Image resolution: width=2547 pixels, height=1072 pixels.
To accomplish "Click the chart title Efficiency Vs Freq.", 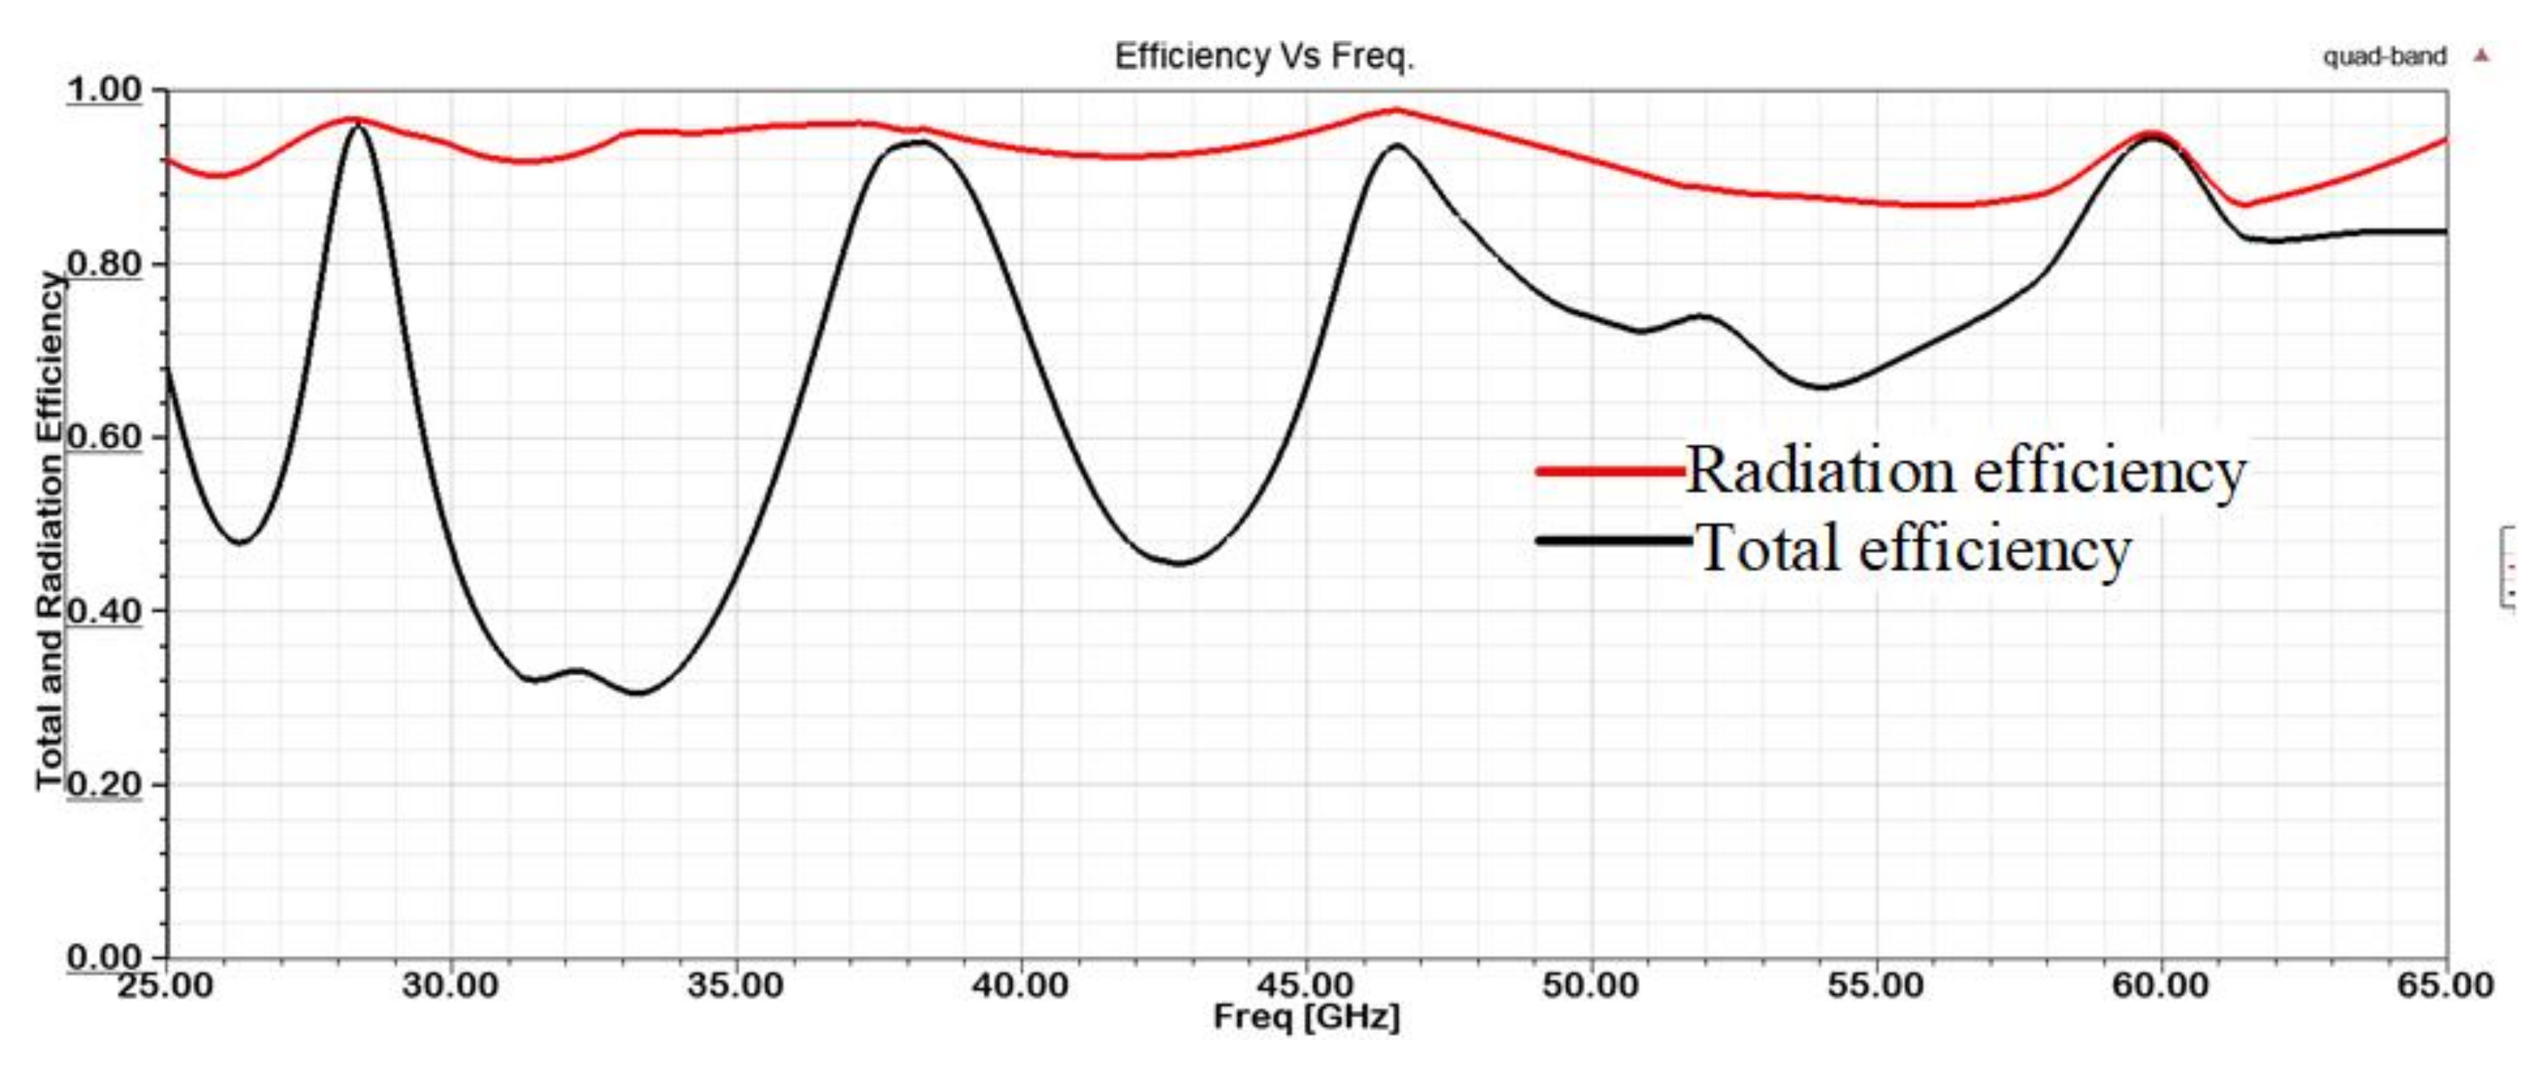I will click(1264, 57).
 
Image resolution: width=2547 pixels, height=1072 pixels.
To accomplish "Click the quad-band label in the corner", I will click(2384, 57).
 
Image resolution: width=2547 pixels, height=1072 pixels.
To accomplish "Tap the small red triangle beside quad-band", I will click(2481, 55).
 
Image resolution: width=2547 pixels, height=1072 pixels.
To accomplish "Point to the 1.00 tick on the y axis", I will click(105, 90).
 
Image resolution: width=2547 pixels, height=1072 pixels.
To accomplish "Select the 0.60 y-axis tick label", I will click(105, 437).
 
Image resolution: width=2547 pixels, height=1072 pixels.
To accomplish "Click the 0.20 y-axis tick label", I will click(105, 784).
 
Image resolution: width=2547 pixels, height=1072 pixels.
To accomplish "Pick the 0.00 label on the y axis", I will click(105, 957).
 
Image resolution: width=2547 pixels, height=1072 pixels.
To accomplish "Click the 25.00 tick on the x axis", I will click(165, 986).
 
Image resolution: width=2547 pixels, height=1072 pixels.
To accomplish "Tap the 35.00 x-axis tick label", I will click(735, 986).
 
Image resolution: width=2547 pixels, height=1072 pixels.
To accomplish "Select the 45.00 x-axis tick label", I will click(1306, 986).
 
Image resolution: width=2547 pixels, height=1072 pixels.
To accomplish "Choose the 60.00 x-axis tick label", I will click(2160, 986).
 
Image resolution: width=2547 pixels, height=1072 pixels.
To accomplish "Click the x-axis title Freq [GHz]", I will click(1306, 1017).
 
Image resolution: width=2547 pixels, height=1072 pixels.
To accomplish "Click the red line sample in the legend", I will click(1610, 472).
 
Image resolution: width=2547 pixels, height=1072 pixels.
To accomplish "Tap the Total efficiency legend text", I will click(1913, 549).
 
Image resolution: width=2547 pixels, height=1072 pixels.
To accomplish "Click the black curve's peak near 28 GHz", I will click(357, 127).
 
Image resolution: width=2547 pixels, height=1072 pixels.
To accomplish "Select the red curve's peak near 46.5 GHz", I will click(1395, 110).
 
